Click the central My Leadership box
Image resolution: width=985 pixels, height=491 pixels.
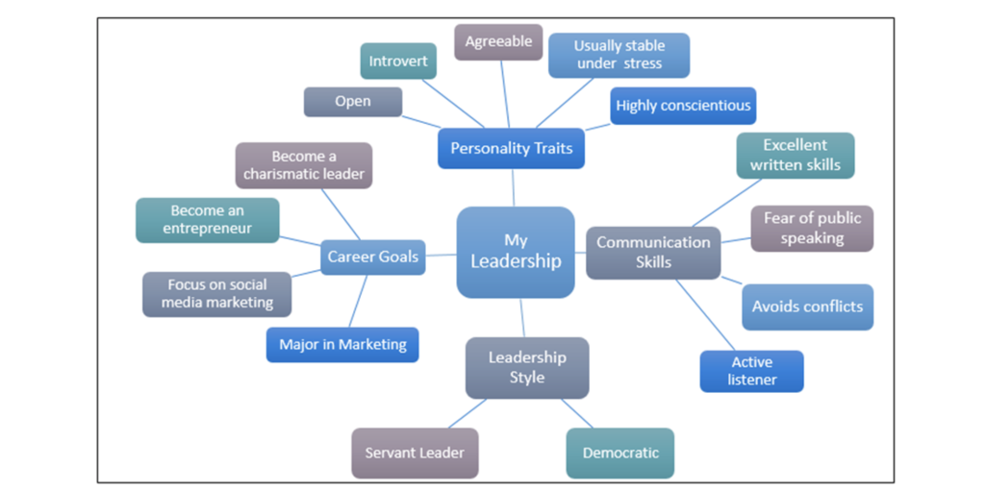516,251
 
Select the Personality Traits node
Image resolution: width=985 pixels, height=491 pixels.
511,149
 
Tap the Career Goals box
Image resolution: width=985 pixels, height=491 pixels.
372,257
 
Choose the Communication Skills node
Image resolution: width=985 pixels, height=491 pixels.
653,252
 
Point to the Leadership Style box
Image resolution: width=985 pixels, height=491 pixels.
527,367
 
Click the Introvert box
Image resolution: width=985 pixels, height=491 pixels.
399,61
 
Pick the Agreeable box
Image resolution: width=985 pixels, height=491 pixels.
498,42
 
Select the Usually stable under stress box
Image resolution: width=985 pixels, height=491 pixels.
619,55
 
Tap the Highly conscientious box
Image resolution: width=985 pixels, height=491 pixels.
683,106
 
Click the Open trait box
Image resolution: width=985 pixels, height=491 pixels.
353,102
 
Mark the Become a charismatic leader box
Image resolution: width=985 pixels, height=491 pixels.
304,165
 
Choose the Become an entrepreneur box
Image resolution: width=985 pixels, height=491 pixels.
208,220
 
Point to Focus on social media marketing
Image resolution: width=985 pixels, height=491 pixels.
216,294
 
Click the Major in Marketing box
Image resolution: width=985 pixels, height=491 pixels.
342,344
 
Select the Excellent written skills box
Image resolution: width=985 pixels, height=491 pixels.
796,156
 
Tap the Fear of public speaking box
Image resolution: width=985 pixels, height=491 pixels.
812,229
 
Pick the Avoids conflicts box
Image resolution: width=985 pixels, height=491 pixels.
807,307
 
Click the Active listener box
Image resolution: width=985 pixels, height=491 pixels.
751,371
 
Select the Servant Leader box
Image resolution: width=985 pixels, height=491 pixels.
415,453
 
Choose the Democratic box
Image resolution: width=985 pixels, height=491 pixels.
620,453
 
